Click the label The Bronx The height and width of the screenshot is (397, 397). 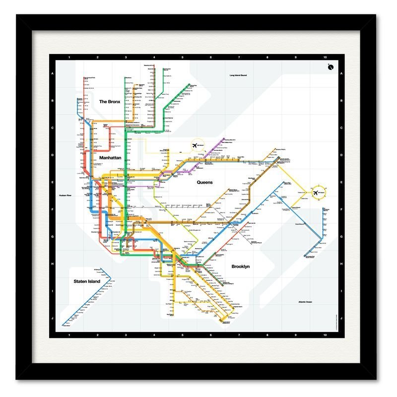click(x=110, y=102)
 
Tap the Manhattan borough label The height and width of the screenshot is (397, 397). click(x=110, y=158)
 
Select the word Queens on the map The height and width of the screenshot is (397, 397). click(x=204, y=182)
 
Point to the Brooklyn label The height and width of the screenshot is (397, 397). click(x=240, y=266)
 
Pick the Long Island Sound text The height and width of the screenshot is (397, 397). click(x=238, y=75)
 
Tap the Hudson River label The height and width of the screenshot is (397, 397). click(x=66, y=196)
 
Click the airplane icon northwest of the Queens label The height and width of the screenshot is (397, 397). click(x=194, y=145)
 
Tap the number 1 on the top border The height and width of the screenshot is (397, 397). click(x=69, y=58)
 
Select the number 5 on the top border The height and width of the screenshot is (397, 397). click(x=183, y=58)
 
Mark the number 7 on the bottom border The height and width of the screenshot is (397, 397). click(x=240, y=336)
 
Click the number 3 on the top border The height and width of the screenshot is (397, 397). click(x=126, y=58)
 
